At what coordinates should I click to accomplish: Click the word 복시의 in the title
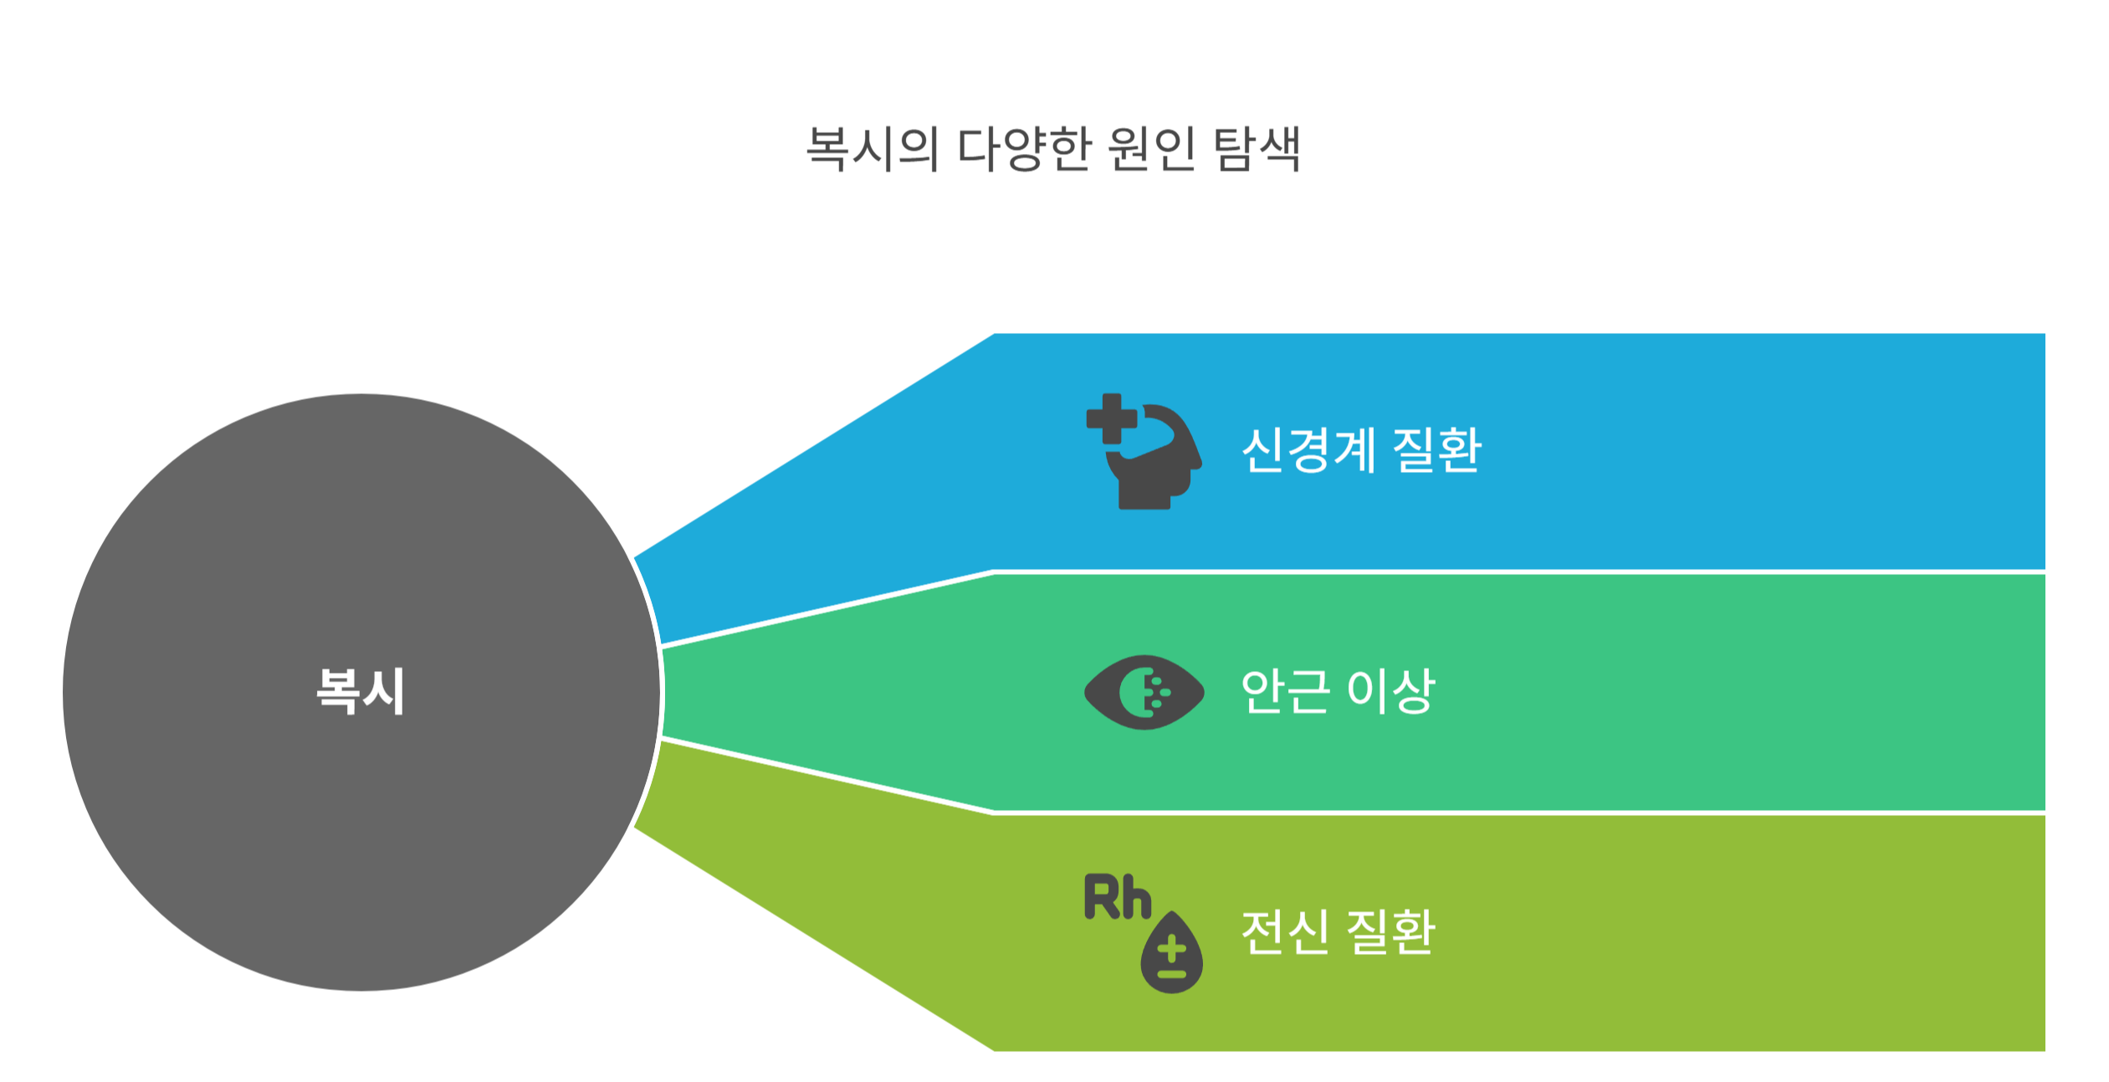click(871, 150)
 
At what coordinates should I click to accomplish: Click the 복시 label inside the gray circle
click(361, 691)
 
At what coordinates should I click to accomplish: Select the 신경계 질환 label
click(1361, 450)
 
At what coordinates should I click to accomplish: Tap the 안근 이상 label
click(1338, 691)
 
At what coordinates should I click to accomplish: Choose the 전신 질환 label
click(1338, 931)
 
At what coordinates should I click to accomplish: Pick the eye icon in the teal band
click(1144, 692)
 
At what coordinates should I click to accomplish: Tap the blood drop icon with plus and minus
click(1171, 953)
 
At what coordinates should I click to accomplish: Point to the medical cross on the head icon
click(1111, 418)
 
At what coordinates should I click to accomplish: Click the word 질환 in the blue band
click(1436, 450)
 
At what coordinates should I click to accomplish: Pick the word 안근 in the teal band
click(1284, 691)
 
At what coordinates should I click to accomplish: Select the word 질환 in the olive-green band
click(1390, 931)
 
